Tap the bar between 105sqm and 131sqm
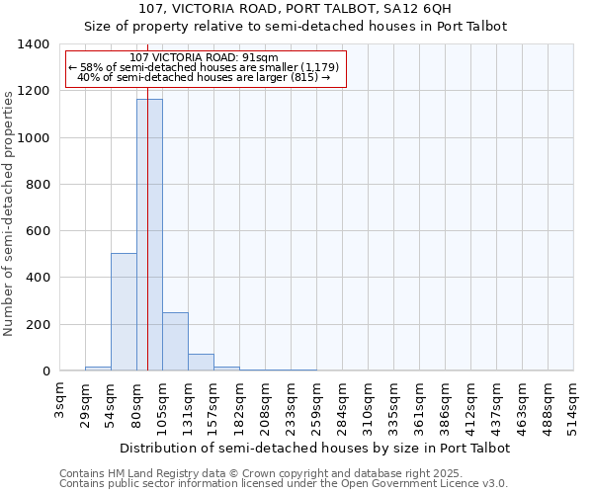click(x=175, y=342)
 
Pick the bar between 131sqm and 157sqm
click(x=201, y=363)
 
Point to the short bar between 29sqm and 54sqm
click(x=98, y=369)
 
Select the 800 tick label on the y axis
click(x=38, y=185)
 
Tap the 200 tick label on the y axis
click(x=38, y=325)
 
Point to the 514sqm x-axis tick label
click(x=573, y=405)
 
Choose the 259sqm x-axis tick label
click(x=316, y=405)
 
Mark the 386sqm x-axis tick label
click(x=445, y=405)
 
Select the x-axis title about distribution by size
click(x=313, y=448)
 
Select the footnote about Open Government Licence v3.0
click(x=284, y=484)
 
